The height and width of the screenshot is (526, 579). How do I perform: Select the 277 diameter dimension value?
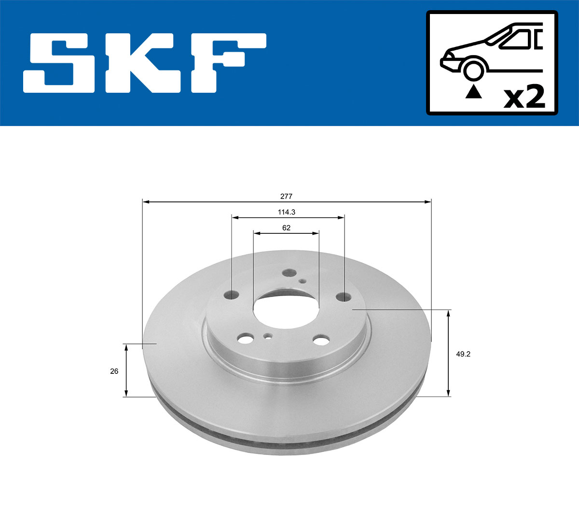pyautogui.click(x=287, y=197)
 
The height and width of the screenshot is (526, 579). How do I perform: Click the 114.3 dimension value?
pyautogui.click(x=287, y=212)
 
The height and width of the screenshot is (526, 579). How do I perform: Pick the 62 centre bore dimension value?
pyautogui.click(x=287, y=228)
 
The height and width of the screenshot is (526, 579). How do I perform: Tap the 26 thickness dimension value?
pyautogui.click(x=114, y=371)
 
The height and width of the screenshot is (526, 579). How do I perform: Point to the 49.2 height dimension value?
pyautogui.click(x=463, y=354)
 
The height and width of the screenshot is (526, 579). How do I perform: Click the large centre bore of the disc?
pyautogui.click(x=286, y=312)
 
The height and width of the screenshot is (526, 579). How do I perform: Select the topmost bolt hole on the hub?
pyautogui.click(x=289, y=273)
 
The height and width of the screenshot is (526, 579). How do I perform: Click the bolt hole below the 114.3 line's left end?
pyautogui.click(x=232, y=294)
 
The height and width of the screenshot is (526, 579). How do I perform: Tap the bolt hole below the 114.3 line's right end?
pyautogui.click(x=344, y=296)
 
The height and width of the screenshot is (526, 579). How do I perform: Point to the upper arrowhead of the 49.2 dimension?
pyautogui.click(x=449, y=313)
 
